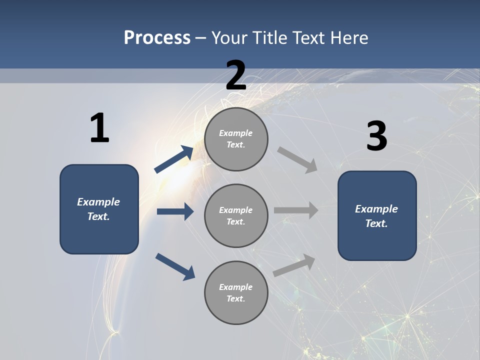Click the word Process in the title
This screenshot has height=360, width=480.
157,38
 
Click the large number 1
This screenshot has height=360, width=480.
99,128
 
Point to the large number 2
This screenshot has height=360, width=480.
236,75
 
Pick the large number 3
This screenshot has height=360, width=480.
376,136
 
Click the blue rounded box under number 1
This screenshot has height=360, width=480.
99,209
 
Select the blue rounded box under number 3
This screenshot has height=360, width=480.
377,216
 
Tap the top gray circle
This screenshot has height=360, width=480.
236,139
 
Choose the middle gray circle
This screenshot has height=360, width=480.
236,216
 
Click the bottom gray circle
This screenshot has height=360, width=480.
236,293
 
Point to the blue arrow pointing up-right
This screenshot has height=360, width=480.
174,159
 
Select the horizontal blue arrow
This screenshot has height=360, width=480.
175,211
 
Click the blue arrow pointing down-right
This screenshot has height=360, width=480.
175,266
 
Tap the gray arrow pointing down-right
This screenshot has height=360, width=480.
297,160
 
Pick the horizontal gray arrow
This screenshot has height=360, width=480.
295,210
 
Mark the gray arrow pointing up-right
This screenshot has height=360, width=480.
294,265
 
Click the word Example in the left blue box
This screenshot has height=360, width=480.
98,202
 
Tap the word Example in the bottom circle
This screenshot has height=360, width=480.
235,287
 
